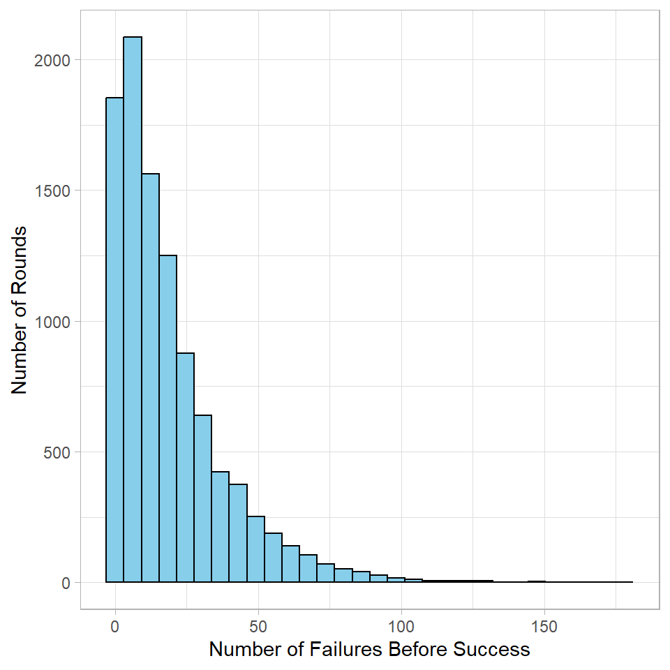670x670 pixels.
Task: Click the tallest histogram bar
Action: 133,307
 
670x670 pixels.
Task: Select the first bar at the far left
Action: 114,342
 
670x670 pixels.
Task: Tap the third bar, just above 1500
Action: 150,377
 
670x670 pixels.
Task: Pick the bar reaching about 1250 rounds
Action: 167,419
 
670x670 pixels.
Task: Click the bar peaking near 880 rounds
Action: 185,468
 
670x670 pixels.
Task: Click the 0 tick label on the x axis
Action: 115,626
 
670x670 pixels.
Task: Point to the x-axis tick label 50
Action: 258,626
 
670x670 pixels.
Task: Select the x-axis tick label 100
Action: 401,626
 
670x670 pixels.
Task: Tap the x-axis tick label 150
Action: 544,626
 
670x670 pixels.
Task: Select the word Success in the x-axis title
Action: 492,650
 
